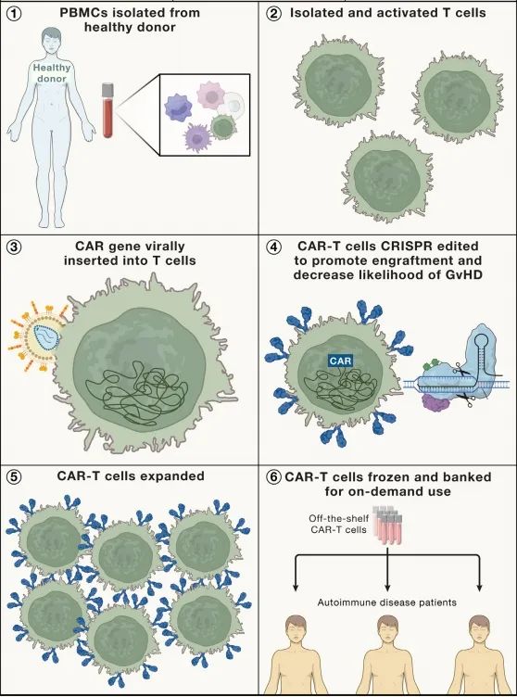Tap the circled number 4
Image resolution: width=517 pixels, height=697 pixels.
tap(272, 247)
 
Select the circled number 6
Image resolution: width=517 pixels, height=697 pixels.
tap(272, 477)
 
